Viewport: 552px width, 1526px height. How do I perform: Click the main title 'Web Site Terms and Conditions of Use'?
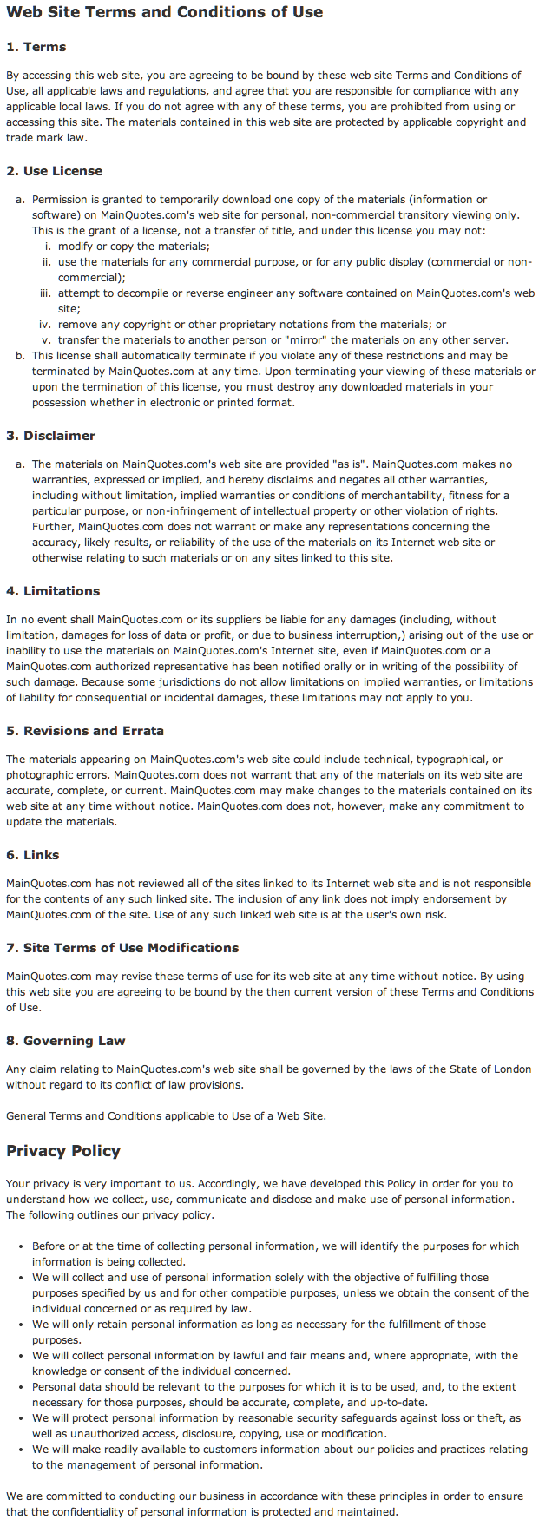tap(164, 12)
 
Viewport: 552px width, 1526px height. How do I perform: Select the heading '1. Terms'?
tap(36, 47)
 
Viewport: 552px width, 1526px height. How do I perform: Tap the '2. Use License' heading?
tap(54, 171)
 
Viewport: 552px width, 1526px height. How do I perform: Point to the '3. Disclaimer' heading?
tap(50, 436)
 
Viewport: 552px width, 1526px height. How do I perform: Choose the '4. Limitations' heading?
tap(53, 591)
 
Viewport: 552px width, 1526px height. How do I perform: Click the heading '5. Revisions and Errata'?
tap(85, 731)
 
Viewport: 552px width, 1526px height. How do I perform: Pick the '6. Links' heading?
tap(33, 855)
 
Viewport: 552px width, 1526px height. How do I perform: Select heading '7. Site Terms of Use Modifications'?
tap(122, 948)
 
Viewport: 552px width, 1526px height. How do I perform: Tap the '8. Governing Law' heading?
tap(66, 1041)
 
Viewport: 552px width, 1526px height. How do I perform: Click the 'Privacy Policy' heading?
tap(63, 1151)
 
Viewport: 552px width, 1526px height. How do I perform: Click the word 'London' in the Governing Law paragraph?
tap(512, 1069)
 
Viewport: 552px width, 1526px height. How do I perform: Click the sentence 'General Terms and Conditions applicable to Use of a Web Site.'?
tap(166, 1116)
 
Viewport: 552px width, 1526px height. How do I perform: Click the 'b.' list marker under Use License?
tap(20, 356)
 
